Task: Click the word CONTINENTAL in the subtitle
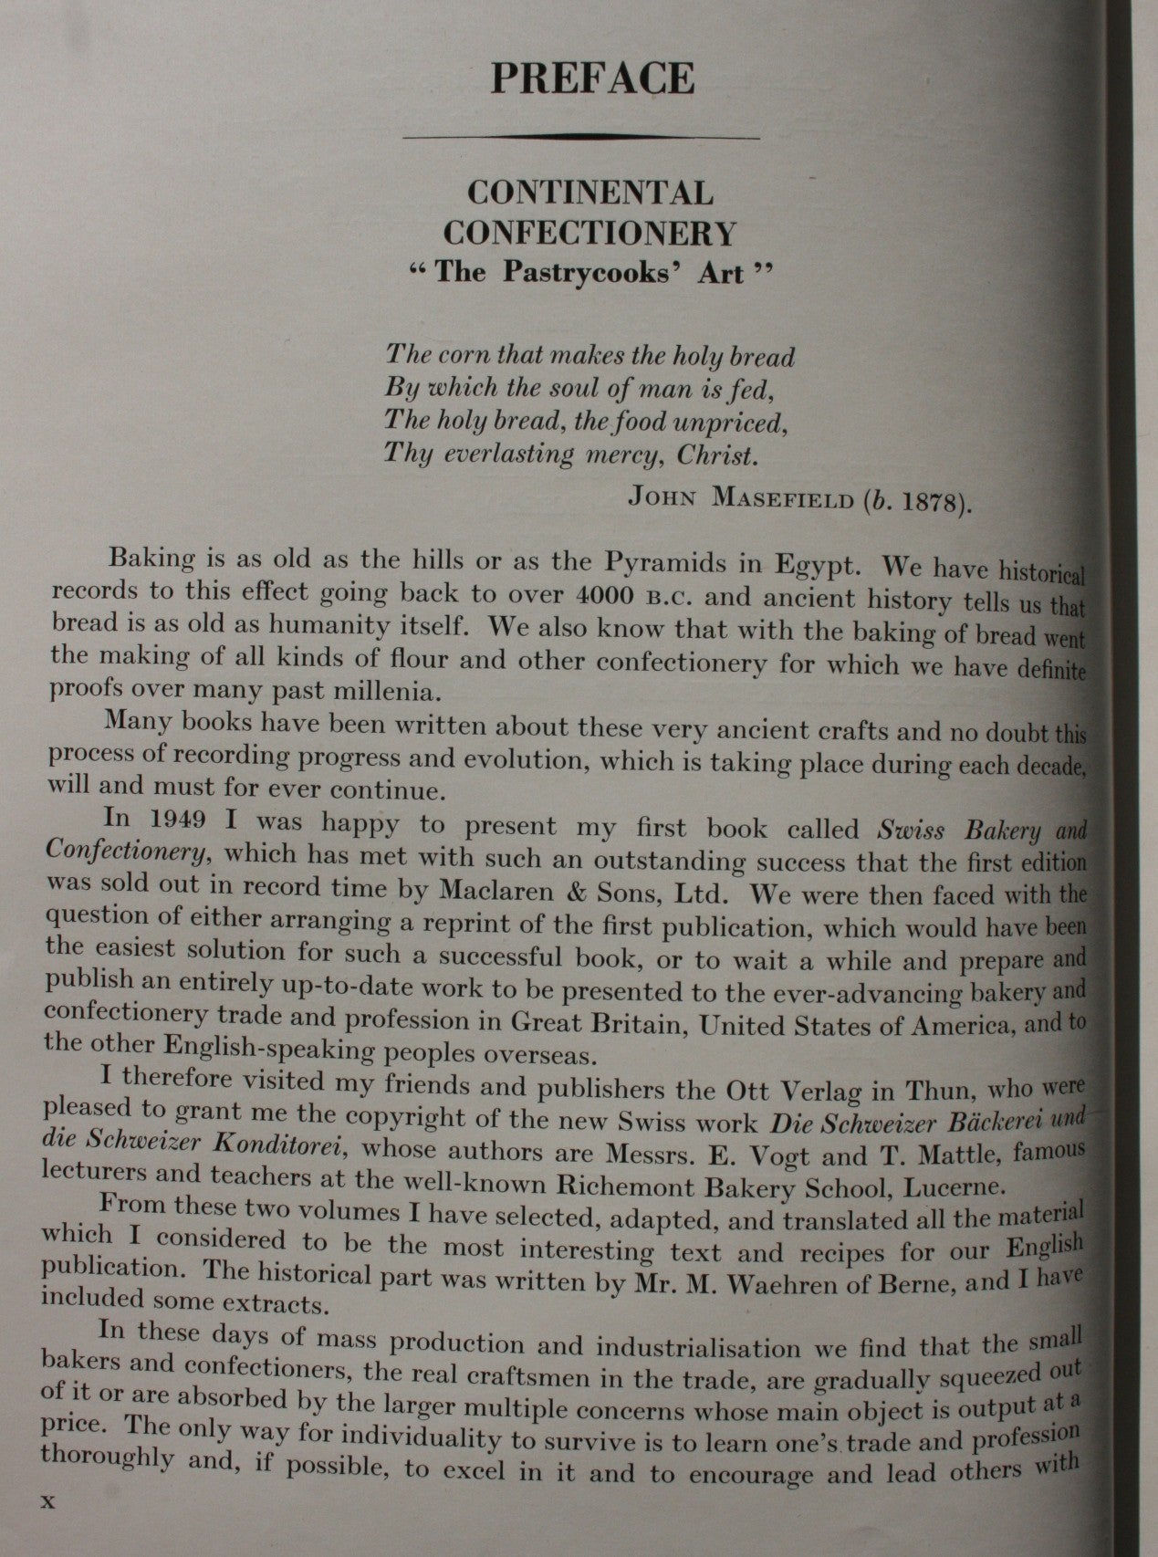point(590,193)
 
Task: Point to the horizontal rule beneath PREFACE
point(581,137)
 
